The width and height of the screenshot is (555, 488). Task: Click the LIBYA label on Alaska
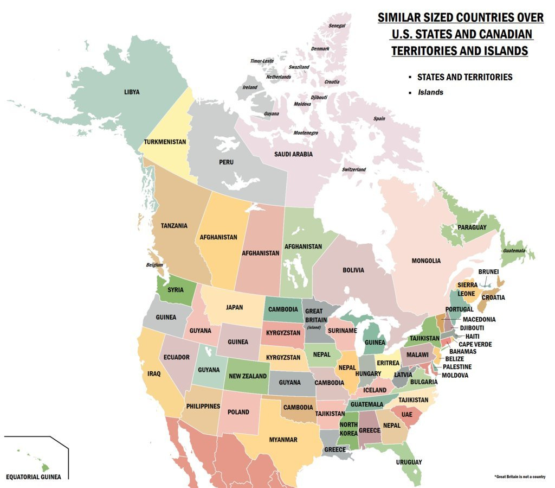[x=132, y=92]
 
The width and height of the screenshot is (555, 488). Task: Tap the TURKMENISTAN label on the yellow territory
[x=165, y=142]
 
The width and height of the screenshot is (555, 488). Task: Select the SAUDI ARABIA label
[x=293, y=154]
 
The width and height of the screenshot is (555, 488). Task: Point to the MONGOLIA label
[x=426, y=261]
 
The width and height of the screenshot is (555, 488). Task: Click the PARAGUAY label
[x=472, y=227]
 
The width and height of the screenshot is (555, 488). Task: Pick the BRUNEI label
[x=488, y=271]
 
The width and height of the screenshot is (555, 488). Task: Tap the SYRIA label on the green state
[x=175, y=290]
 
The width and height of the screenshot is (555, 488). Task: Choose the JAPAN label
[x=234, y=307]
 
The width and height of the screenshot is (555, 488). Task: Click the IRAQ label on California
[x=154, y=373]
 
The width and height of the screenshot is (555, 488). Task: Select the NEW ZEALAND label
[x=248, y=376]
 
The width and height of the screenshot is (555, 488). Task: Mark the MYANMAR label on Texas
[x=283, y=440]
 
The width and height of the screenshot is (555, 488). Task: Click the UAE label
[x=406, y=414]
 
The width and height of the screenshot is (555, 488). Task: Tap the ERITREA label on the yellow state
[x=388, y=363]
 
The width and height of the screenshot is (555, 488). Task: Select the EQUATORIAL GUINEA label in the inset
[x=33, y=477]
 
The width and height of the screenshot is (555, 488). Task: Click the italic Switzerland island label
[x=353, y=170]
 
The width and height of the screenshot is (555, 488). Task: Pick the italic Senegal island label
[x=337, y=26]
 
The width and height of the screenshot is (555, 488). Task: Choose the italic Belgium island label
[x=154, y=265]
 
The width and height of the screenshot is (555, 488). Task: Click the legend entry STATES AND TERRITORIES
[x=464, y=77]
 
